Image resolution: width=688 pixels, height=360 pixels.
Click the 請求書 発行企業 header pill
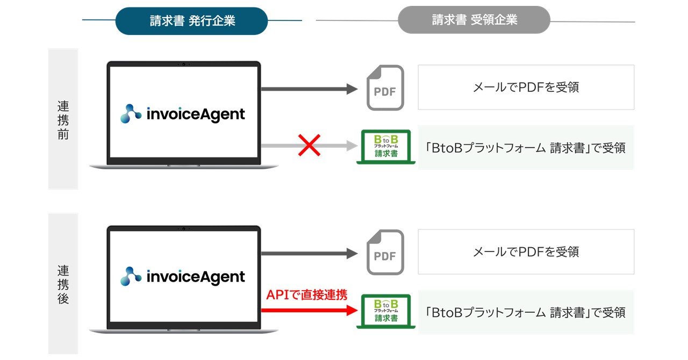(192, 21)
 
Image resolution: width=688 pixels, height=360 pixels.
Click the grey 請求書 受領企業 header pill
(474, 20)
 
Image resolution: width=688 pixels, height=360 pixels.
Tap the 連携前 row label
(63, 120)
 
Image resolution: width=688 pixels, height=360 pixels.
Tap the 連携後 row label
(63, 284)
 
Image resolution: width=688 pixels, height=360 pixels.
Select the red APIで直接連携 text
(306, 294)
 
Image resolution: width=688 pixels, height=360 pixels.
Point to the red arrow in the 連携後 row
(309, 310)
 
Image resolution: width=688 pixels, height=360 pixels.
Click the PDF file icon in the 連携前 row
(384, 88)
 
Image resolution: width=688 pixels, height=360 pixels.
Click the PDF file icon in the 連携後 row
(384, 253)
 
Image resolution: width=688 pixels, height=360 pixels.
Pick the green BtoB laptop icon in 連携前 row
(386, 147)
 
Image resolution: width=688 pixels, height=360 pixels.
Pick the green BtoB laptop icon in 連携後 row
(386, 311)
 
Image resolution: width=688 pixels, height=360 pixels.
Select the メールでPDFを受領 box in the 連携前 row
(526, 88)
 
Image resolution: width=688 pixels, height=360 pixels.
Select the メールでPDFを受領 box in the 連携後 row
(526, 251)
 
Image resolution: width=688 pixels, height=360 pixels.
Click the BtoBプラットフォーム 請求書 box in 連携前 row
(526, 148)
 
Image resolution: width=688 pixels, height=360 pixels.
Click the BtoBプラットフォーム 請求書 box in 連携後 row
(526, 312)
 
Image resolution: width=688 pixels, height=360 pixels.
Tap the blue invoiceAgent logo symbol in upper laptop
(131, 114)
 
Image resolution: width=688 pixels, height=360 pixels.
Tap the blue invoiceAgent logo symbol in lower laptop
(131, 277)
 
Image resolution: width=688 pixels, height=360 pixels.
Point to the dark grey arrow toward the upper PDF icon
(309, 89)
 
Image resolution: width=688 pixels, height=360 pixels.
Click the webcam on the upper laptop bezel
(183, 64)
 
